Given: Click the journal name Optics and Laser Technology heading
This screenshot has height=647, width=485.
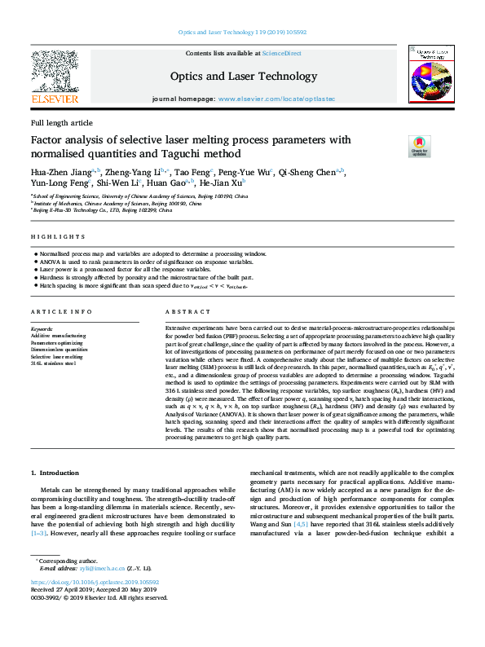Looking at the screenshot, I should (243, 77).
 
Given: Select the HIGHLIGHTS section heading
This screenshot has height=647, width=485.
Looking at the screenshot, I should (58, 236).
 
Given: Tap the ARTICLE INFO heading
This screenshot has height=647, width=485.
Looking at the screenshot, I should (61, 312).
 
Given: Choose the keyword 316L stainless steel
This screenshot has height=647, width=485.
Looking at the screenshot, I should (54, 363).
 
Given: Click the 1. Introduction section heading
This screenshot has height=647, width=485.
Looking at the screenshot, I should (55, 473).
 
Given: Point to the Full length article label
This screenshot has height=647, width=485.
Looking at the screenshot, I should (61, 122).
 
